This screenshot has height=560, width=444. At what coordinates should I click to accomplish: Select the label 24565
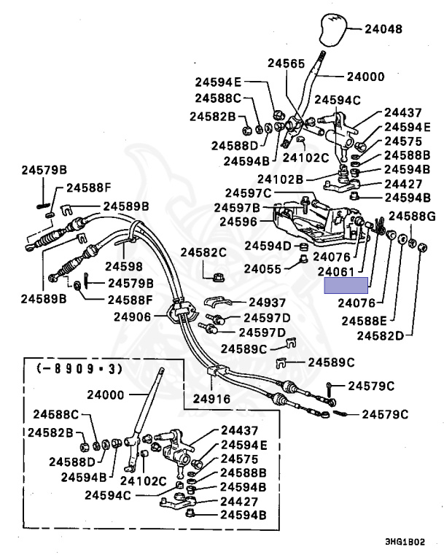point(285,64)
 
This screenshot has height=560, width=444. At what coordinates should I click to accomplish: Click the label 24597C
point(248,193)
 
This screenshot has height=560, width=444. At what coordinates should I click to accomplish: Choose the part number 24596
point(238,221)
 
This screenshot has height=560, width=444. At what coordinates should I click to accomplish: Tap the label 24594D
point(268,246)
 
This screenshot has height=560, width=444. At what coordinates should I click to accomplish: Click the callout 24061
point(336,272)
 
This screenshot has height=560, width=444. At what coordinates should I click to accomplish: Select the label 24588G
point(412,216)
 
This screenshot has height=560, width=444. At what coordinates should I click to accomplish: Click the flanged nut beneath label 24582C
point(217,276)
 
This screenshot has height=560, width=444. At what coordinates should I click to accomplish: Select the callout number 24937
point(267,302)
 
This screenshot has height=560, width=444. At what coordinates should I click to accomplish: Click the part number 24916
point(212,399)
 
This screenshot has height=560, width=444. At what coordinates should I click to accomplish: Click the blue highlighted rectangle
point(346,285)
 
